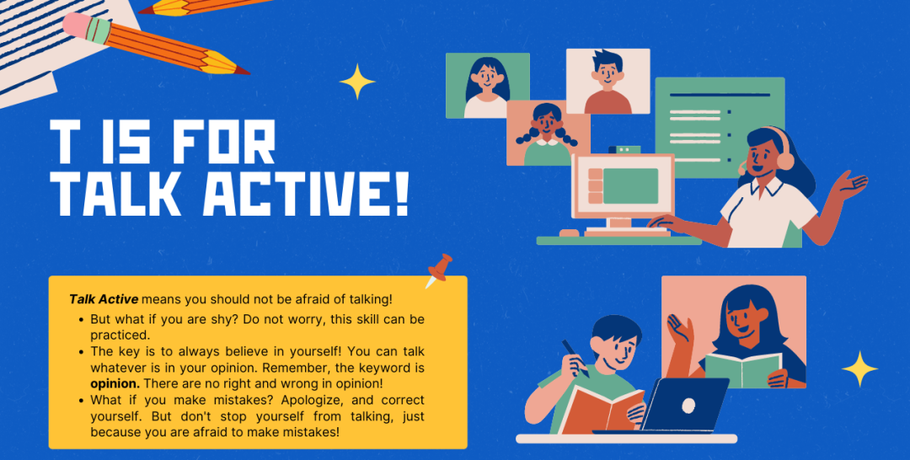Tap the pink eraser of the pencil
78,24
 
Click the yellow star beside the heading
357,81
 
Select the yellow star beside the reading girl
859,368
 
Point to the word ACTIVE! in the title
305,193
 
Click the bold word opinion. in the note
115,384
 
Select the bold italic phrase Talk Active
104,299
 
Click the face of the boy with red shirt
608,73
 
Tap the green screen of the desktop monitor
630,185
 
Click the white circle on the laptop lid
688,405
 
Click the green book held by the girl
743,370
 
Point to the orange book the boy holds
602,409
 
